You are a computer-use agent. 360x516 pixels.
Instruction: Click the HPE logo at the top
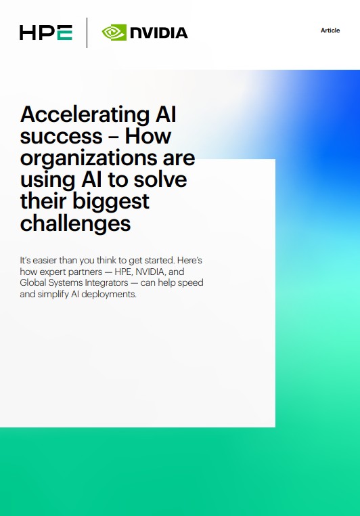click(x=46, y=32)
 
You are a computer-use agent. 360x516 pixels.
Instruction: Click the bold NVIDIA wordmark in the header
click(x=158, y=32)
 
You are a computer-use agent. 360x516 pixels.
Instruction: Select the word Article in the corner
click(x=330, y=30)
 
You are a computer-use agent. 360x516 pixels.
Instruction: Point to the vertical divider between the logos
click(x=87, y=32)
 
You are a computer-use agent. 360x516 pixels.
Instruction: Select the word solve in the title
click(x=162, y=180)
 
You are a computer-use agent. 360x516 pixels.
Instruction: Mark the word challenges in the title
click(x=74, y=223)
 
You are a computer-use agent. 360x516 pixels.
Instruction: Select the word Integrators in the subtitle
click(x=113, y=283)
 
